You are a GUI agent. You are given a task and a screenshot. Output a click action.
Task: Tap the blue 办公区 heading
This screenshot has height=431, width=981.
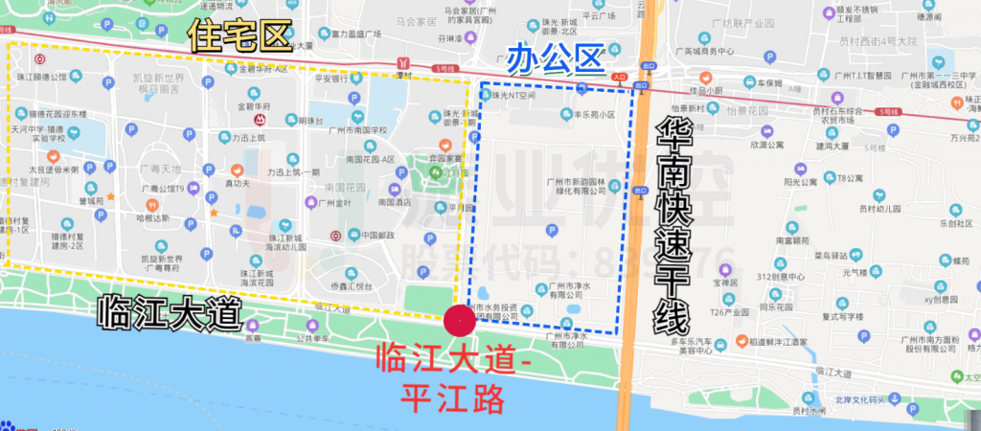pyautogui.click(x=557, y=58)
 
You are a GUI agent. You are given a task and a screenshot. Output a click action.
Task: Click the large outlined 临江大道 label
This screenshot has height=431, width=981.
pyautogui.click(x=169, y=313)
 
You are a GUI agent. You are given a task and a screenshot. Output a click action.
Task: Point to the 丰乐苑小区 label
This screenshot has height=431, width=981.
pyautogui.click(x=594, y=114)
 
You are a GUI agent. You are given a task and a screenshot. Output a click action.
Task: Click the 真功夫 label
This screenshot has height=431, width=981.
pyautogui.click(x=237, y=181)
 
